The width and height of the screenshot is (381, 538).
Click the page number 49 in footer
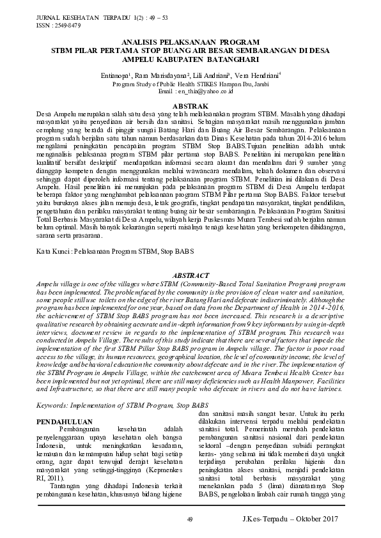[x=190, y=518]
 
